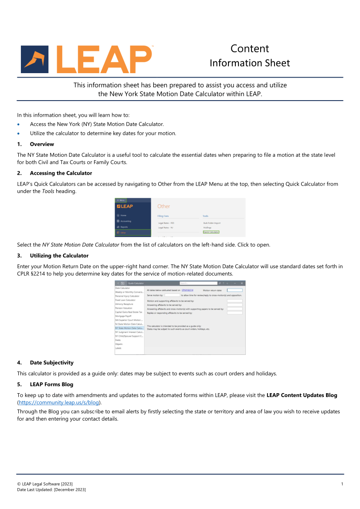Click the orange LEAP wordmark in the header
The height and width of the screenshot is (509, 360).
(x=105, y=59)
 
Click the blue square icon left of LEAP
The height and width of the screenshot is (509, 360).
(x=35, y=59)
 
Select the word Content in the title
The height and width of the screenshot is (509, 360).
(x=250, y=48)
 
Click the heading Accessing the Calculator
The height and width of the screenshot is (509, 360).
(x=61, y=173)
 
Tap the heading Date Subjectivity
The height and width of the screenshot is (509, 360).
(x=51, y=362)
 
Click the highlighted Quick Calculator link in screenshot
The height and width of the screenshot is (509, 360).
(x=211, y=232)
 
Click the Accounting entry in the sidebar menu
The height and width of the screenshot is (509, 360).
(x=125, y=221)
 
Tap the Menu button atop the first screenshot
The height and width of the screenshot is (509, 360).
(x=121, y=200)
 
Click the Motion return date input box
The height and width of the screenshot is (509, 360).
(x=235, y=290)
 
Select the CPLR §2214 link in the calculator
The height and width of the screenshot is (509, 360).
(x=187, y=290)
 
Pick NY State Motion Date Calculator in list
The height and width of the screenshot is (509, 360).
(x=129, y=328)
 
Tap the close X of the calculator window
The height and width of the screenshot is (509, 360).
(x=242, y=283)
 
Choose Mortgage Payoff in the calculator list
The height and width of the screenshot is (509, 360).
(x=123, y=316)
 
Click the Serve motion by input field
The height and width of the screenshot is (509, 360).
(x=172, y=295)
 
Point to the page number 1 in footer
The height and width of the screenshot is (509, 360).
(x=342, y=484)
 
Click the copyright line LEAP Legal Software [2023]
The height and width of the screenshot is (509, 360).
(x=45, y=484)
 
